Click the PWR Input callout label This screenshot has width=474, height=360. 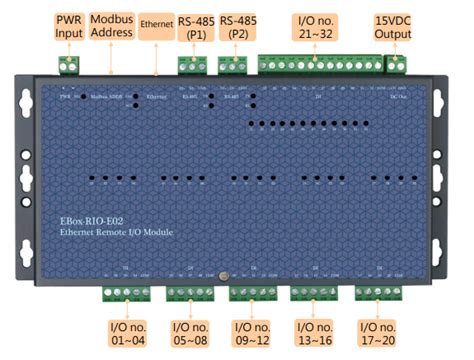coord(69,25)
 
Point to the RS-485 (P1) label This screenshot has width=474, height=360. coord(191,25)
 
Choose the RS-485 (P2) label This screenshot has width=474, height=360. coord(237,25)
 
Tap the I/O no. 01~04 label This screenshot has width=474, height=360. coord(127,333)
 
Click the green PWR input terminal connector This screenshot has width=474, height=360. coord(69,64)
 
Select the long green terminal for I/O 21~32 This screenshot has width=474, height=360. coord(319,64)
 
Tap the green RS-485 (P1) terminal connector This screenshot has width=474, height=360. coord(191,64)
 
